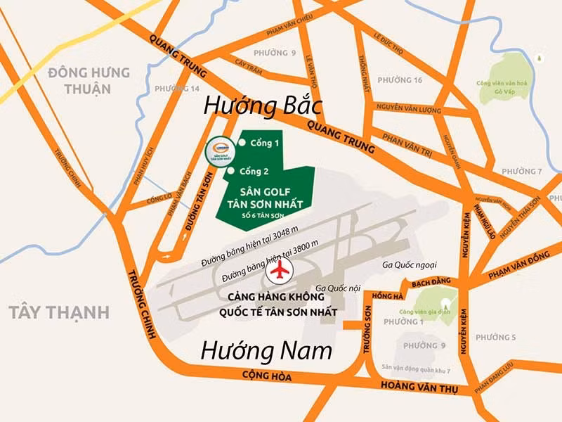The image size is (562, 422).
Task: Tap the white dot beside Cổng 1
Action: click(242, 143)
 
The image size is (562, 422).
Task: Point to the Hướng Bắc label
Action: click(262, 106)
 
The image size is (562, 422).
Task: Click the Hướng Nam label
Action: click(265, 350)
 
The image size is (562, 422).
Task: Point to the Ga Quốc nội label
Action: click(339, 288)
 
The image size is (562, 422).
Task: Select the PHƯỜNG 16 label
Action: click(398, 80)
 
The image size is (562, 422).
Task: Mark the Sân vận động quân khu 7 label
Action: click(416, 369)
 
